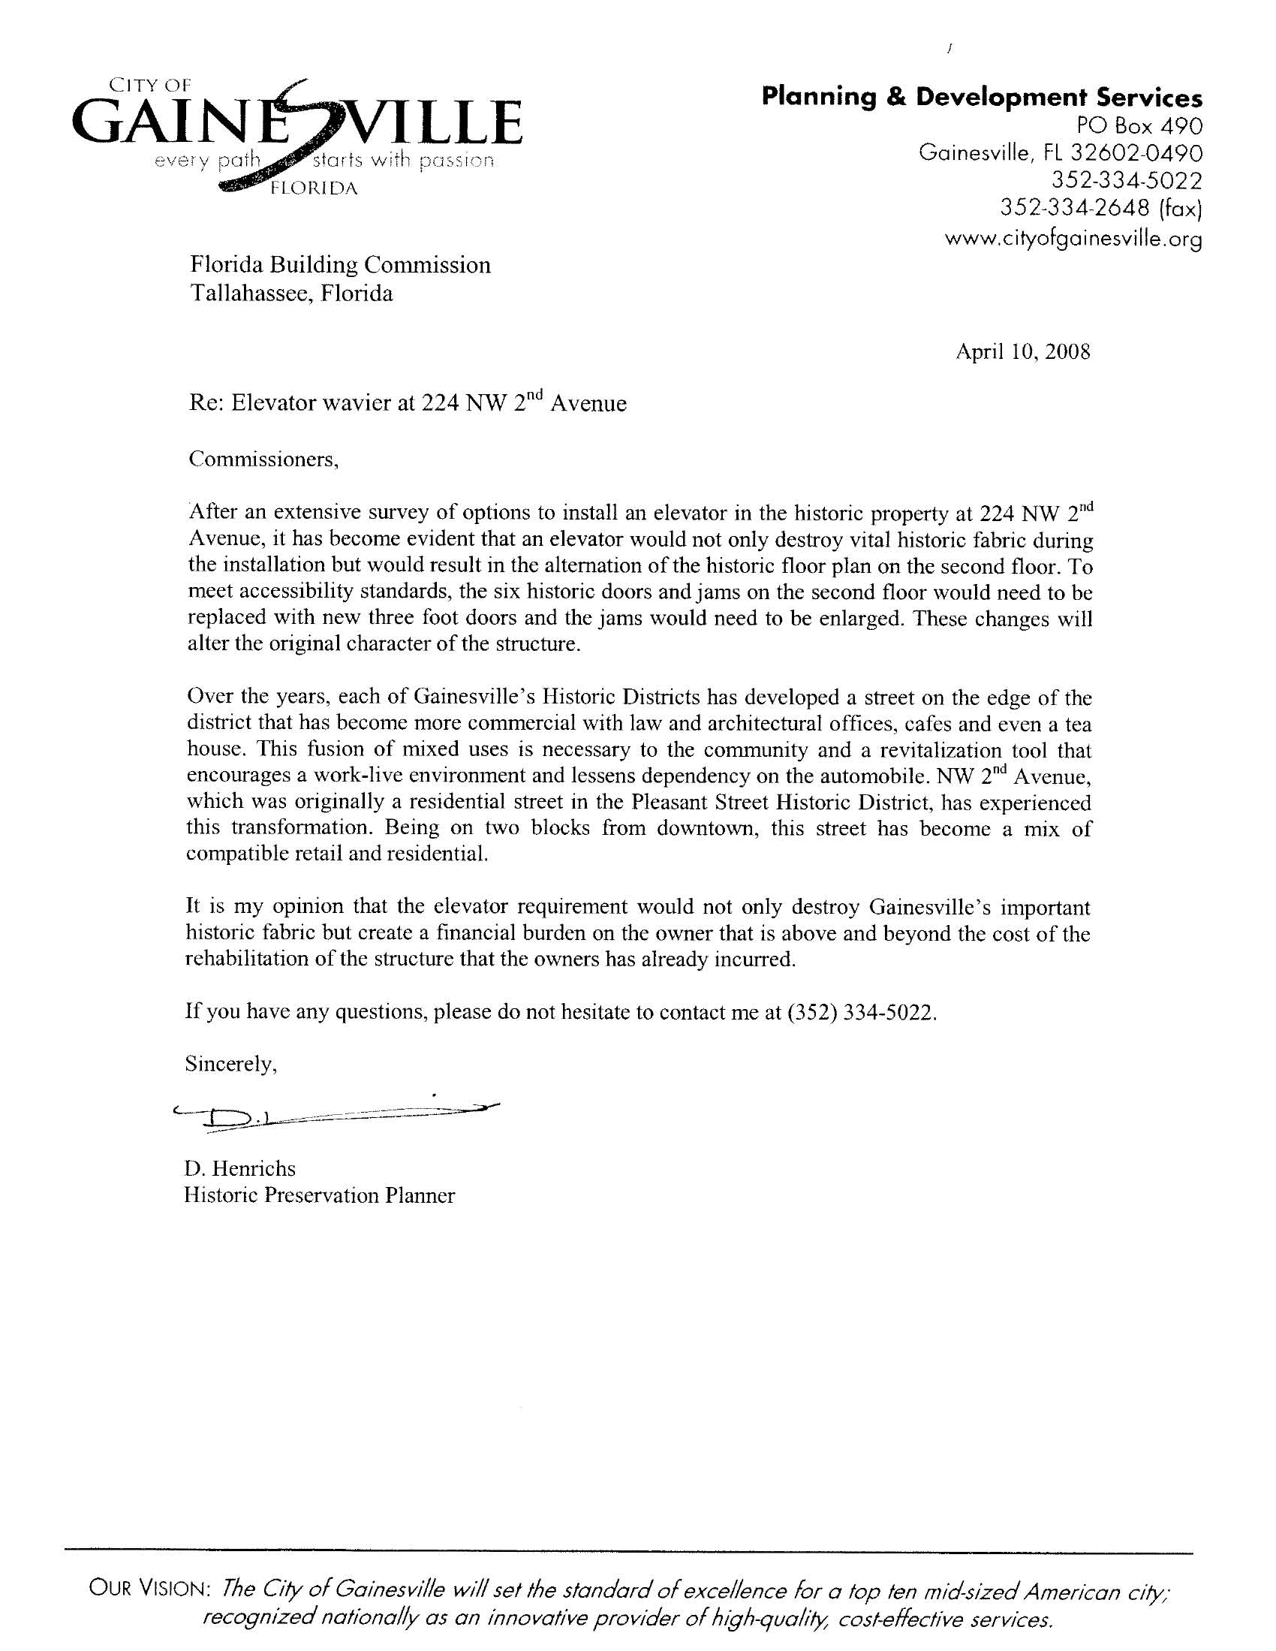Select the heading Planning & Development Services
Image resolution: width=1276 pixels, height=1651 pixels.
tap(981, 98)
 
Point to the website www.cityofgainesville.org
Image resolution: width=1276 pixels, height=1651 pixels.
tap(1073, 239)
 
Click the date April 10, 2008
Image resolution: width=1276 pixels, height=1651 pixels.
tap(1023, 351)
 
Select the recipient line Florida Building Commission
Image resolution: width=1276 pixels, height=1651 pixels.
tap(339, 264)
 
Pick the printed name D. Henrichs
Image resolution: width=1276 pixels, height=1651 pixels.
tap(240, 1168)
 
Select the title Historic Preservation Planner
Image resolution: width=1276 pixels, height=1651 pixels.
tap(320, 1195)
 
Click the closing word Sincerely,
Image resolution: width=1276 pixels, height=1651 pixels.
tap(231, 1065)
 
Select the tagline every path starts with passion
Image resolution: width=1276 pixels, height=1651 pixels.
tap(324, 161)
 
